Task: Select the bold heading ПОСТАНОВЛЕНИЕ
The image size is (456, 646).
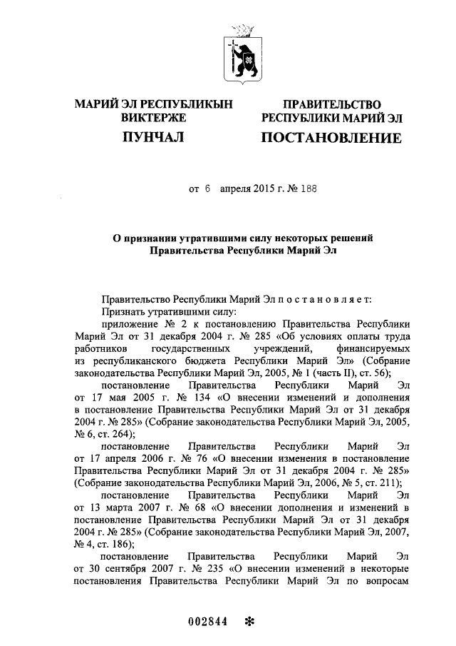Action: tap(331, 137)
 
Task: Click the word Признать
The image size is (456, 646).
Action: tap(125, 312)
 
